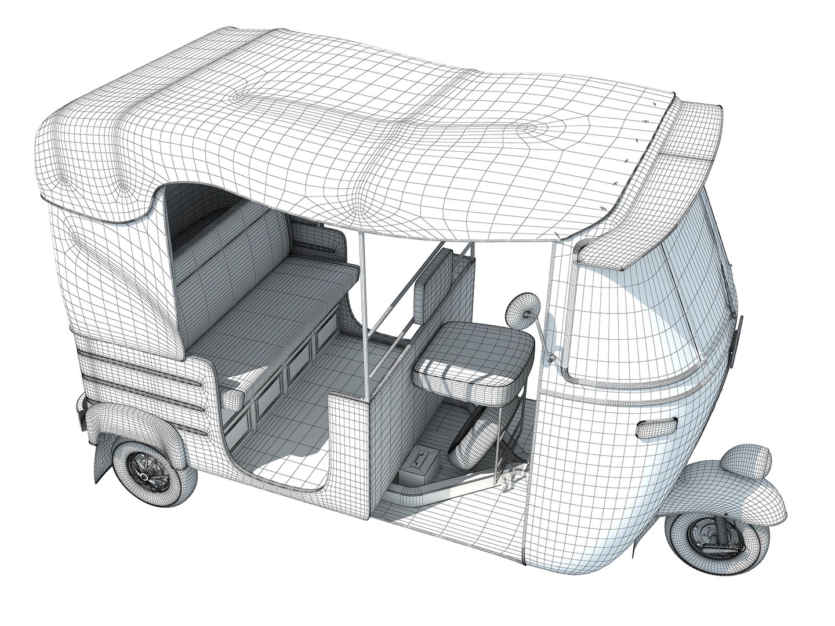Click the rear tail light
click(x=79, y=409)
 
